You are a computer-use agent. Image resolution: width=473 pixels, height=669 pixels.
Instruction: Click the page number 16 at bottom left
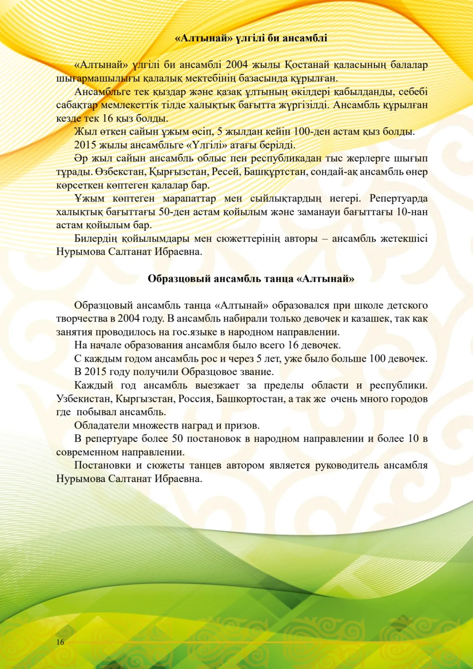[60, 642]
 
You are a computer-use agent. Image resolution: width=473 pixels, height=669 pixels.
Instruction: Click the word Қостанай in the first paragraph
[307, 65]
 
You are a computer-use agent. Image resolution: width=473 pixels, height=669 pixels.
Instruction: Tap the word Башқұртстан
[275, 172]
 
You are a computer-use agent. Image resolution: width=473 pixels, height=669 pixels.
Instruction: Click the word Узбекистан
[84, 399]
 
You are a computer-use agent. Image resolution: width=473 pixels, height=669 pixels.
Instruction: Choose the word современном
[87, 452]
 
